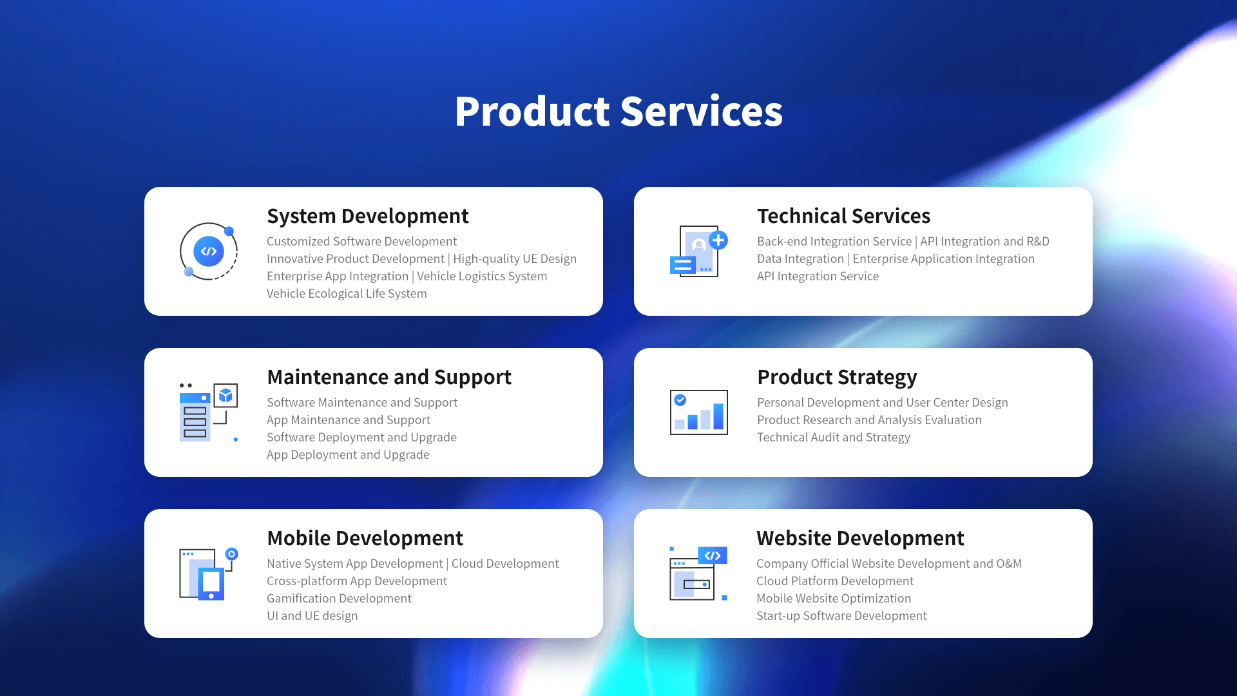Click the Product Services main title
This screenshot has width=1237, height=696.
618,111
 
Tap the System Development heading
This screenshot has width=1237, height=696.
368,216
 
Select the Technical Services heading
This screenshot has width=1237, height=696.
844,216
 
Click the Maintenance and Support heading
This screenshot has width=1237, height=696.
389,378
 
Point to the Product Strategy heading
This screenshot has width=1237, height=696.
837,378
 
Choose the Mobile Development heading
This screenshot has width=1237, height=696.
365,538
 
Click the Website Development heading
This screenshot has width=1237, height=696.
860,538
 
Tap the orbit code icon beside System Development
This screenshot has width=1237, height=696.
209,251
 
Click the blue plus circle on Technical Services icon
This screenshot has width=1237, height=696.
718,240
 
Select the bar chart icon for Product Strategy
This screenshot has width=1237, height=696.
699,412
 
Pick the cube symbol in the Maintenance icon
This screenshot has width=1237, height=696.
225,395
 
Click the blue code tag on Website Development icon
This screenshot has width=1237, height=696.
713,556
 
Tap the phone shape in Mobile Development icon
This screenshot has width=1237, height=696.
211,584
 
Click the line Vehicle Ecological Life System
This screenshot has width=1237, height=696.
347,294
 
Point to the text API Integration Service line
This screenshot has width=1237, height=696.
818,276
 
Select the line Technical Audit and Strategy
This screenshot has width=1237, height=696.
834,438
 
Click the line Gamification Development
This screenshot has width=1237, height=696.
339,599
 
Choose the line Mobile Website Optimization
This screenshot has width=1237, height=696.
834,599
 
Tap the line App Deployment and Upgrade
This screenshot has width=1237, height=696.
348,455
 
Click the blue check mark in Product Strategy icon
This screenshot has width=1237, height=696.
680,400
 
